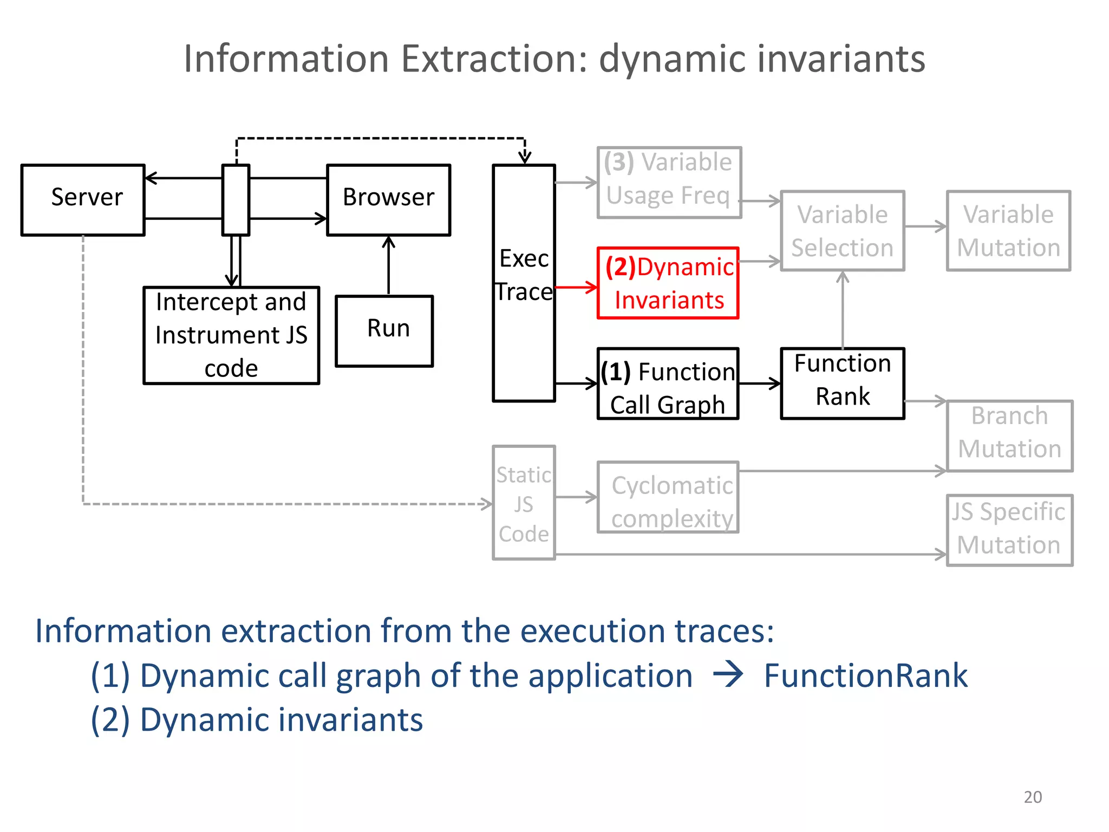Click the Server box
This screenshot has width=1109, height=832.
(83, 200)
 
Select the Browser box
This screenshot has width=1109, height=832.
(388, 200)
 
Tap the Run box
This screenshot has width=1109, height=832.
(384, 331)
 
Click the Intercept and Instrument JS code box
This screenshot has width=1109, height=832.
(231, 335)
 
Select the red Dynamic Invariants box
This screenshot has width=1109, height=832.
(668, 283)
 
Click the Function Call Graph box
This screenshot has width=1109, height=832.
(668, 383)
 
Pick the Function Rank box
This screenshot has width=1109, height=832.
(842, 383)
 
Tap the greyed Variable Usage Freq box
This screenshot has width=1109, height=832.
(669, 183)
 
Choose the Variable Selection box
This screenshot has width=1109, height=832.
(842, 231)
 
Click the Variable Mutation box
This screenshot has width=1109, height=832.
(1008, 231)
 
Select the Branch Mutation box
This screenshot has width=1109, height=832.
(1009, 436)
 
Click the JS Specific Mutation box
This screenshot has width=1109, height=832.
(1009, 530)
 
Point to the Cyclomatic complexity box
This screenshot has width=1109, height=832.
(668, 497)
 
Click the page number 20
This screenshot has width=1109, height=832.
(1032, 797)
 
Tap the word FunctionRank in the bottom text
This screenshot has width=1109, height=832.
(865, 676)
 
